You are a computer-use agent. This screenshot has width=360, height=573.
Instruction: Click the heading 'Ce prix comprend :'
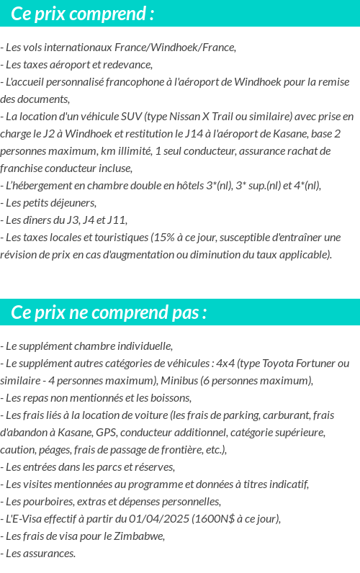pyautogui.click(x=83, y=14)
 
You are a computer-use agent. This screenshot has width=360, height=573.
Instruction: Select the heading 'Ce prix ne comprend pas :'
pyautogui.click(x=109, y=313)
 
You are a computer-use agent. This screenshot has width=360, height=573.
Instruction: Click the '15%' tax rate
pyautogui.click(x=163, y=238)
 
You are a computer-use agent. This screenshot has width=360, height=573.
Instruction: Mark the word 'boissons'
pyautogui.click(x=168, y=398)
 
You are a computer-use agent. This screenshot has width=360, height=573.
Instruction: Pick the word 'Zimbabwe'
pyautogui.click(x=141, y=536)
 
